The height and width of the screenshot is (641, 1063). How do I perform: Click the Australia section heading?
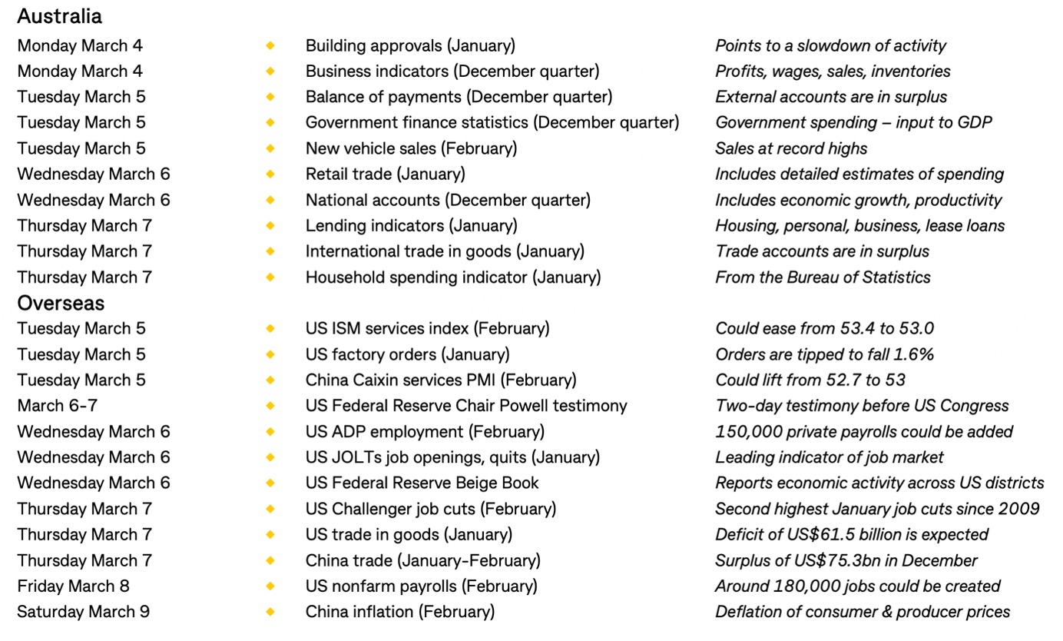tap(59, 16)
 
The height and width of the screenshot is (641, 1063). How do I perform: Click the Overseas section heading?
tap(61, 303)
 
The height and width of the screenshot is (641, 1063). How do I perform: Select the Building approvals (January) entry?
tap(410, 45)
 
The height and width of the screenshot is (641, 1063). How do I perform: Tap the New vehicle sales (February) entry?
tap(411, 148)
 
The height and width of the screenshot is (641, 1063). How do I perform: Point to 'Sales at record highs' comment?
tap(791, 148)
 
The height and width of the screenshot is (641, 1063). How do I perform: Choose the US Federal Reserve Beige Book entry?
tap(422, 483)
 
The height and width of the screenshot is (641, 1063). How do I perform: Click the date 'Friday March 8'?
tap(73, 586)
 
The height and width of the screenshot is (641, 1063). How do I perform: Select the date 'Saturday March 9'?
tap(83, 612)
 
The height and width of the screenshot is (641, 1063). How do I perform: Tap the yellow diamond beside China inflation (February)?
tap(270, 612)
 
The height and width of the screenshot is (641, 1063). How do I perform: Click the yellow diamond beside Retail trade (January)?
tap(270, 174)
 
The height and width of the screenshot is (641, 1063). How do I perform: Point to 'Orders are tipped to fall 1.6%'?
tap(824, 354)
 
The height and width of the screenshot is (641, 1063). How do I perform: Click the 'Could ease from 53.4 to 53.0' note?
tap(824, 329)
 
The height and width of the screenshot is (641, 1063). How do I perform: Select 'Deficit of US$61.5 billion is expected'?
tap(852, 534)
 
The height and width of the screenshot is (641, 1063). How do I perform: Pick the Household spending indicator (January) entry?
tap(453, 277)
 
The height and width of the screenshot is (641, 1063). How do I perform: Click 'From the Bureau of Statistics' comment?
tap(823, 277)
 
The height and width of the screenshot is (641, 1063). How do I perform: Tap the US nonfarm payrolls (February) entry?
tap(421, 586)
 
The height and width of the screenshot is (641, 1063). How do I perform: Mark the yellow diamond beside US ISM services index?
tap(270, 329)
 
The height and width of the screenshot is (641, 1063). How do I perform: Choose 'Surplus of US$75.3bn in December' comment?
tap(846, 560)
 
